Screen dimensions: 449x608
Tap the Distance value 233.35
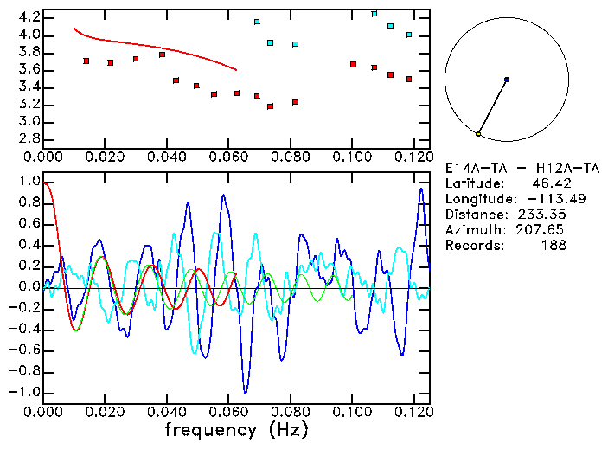(542, 214)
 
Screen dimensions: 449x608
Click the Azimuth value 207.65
(542, 229)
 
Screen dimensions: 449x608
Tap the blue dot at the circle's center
(507, 80)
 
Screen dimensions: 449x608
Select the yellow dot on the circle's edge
(478, 133)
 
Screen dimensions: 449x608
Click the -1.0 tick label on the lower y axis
(25, 392)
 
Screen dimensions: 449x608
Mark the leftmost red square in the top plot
(86, 61)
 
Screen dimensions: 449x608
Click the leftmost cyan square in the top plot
(257, 22)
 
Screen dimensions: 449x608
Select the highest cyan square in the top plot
(374, 14)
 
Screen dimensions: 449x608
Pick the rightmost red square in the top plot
(409, 79)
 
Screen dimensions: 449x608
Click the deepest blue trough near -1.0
(246, 392)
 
